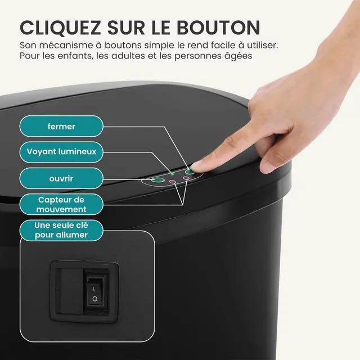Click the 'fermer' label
(62, 126)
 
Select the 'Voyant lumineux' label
(62, 151)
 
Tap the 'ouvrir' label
(62, 179)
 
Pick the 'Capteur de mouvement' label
(62, 205)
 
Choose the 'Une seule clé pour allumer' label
(62, 230)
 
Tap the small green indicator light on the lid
(173, 174)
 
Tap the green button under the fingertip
(190, 170)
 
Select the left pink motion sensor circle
(173, 182)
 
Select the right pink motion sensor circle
(186, 178)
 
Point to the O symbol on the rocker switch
(95, 299)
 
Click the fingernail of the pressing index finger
(199, 164)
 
